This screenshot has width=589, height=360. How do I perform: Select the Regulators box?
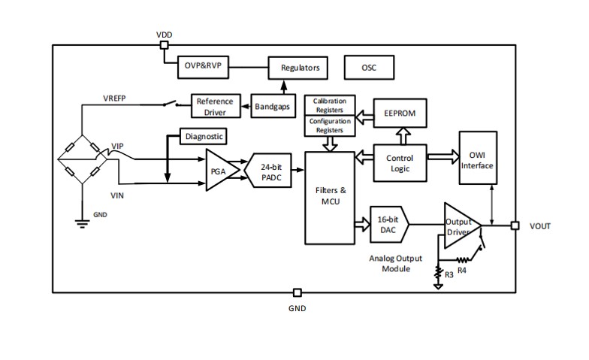pyautogui.click(x=300, y=68)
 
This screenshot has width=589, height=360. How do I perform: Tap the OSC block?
pyautogui.click(x=369, y=68)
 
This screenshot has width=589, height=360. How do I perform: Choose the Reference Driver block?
pyautogui.click(x=215, y=106)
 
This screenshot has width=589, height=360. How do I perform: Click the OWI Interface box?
pyautogui.click(x=477, y=160)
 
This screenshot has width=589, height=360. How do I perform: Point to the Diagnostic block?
pyautogui.click(x=204, y=137)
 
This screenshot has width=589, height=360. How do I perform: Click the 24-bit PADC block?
pyautogui.click(x=270, y=171)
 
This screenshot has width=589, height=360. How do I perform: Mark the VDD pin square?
pyautogui.click(x=164, y=45)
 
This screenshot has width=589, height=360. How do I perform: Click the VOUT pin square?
pyautogui.click(x=515, y=225)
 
